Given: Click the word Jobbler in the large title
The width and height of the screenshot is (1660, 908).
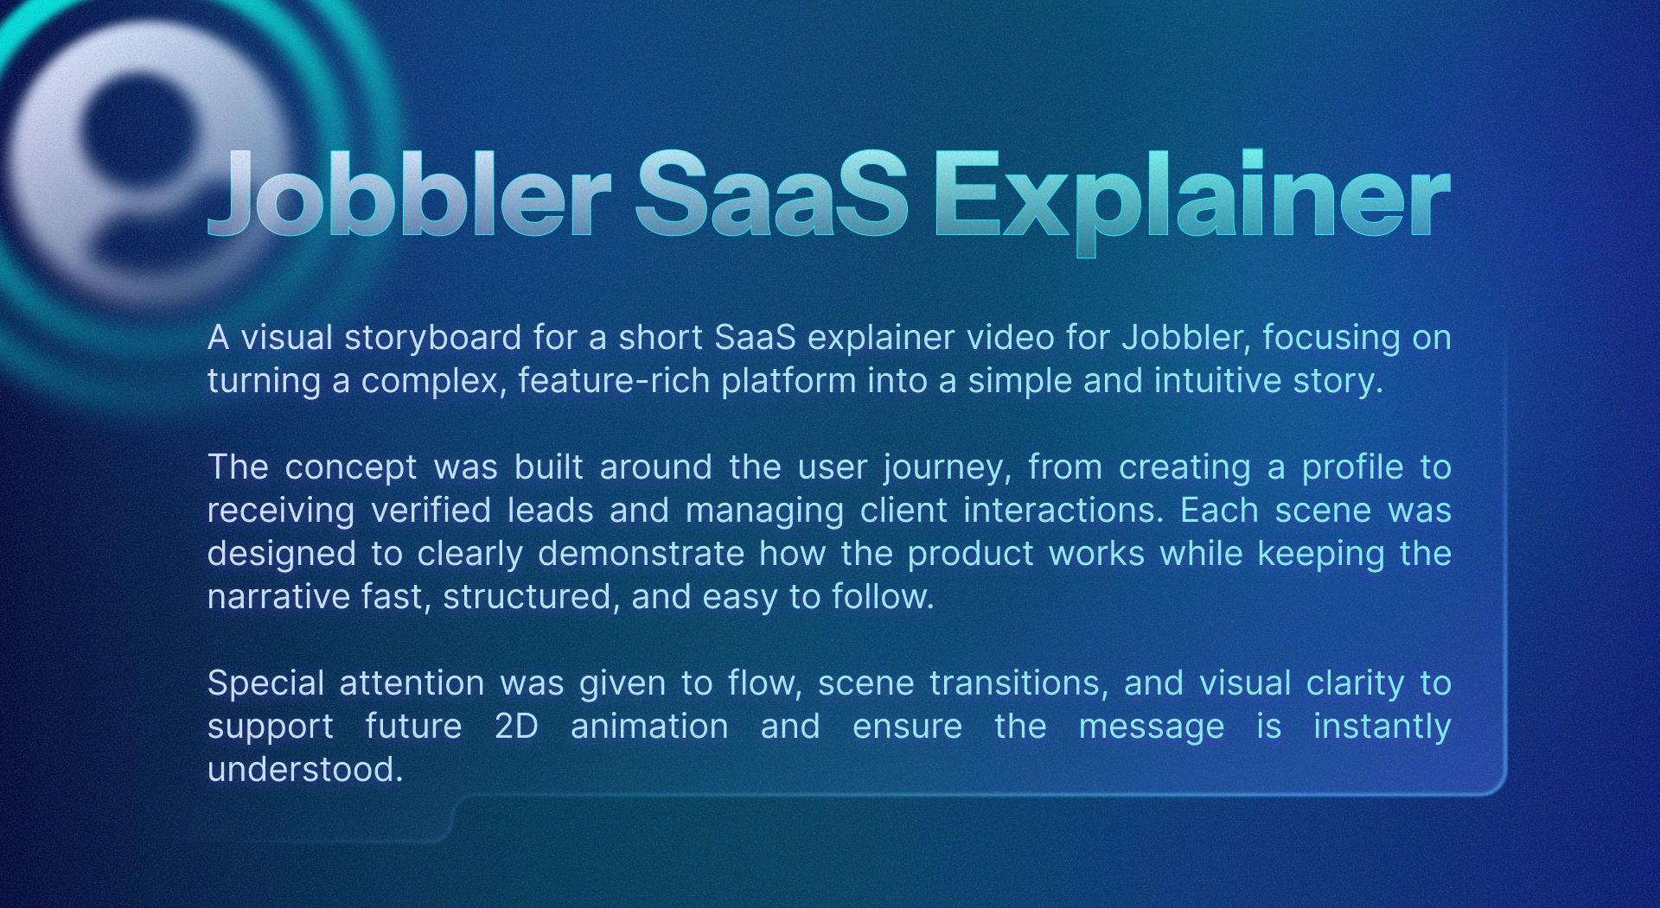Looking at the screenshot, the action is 409,194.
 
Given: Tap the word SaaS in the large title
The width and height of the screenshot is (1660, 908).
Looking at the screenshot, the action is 771,194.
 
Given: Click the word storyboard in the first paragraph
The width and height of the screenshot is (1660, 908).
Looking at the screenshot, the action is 432,339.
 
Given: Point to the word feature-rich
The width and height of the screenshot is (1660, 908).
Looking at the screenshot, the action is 614,380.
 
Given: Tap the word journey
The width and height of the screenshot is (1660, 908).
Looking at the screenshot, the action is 948,468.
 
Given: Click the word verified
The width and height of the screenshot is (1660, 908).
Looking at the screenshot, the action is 431,510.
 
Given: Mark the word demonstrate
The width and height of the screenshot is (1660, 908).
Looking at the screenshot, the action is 641,553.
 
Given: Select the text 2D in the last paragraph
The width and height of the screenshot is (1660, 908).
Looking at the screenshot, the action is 516,726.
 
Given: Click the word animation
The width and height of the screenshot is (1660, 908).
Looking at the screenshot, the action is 649,726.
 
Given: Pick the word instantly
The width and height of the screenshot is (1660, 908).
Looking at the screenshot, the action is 1382,727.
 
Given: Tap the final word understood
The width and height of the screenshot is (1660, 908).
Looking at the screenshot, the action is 305,769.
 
